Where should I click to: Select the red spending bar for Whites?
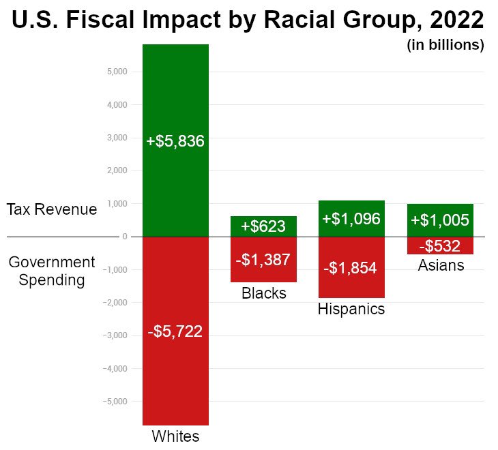click(175, 382)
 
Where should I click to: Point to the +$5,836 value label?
click(175, 142)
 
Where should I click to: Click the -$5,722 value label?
click(175, 332)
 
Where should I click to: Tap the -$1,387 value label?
click(263, 259)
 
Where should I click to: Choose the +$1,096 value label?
click(351, 219)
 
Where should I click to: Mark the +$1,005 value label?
click(440, 220)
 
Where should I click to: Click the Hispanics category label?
click(351, 309)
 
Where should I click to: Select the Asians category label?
click(441, 265)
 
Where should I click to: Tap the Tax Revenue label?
click(52, 209)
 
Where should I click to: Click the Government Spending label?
click(52, 271)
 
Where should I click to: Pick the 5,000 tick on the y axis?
click(117, 72)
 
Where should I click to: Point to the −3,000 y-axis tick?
click(115, 335)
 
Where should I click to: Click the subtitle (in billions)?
click(445, 46)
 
